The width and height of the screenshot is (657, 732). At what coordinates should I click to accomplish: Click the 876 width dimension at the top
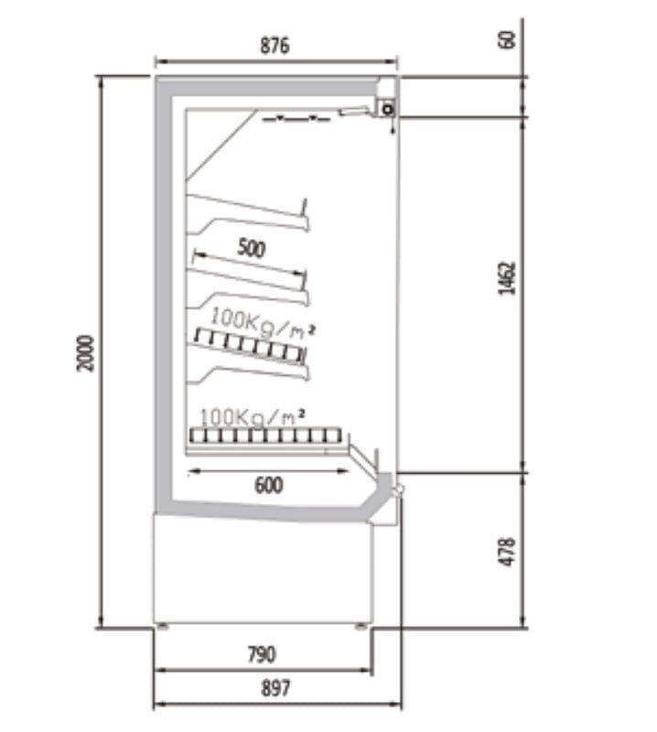[275, 45]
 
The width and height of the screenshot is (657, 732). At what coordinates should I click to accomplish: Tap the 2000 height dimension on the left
[85, 353]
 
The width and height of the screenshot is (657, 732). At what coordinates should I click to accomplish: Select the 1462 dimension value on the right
[507, 278]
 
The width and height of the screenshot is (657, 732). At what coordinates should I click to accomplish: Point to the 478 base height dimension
[507, 552]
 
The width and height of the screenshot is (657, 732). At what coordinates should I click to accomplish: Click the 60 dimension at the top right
[507, 39]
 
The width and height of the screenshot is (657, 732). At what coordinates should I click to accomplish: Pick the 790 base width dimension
[262, 654]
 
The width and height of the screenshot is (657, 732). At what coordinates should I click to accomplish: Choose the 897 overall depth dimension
[275, 688]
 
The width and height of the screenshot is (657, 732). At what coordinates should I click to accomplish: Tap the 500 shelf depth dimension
[252, 248]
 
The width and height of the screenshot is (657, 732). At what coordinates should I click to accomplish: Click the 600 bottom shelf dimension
[269, 486]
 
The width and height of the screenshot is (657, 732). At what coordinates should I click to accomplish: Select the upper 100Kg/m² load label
[263, 323]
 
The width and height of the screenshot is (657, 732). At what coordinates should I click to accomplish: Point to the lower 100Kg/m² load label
[253, 417]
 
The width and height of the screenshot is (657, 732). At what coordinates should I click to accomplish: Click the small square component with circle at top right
[388, 109]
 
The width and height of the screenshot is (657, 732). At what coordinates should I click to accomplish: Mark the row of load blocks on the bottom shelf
[265, 436]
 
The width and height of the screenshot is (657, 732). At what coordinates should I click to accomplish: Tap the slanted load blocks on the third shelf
[250, 346]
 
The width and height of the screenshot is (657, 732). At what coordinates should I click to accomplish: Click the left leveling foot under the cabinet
[162, 627]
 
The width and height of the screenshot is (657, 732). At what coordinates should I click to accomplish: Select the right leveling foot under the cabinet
[361, 627]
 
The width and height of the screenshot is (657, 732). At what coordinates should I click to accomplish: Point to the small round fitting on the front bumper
[399, 490]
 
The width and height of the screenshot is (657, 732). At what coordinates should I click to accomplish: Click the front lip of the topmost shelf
[305, 215]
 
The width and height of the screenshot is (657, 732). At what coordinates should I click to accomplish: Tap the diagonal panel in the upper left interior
[221, 145]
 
